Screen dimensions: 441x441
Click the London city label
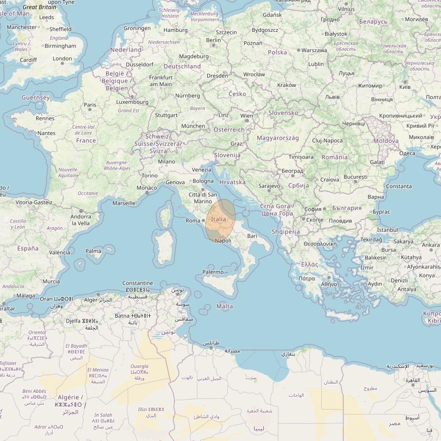62,58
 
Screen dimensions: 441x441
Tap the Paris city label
90,105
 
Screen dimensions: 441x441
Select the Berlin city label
214,40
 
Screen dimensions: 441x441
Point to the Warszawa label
314,50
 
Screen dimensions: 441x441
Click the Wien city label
247,116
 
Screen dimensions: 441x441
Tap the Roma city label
193,220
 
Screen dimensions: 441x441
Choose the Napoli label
223,241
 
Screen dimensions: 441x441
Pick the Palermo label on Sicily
213,272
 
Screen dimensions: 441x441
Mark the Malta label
225,306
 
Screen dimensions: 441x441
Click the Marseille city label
124,203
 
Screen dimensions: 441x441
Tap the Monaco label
147,188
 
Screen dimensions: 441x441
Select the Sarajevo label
269,186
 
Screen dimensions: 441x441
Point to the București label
356,177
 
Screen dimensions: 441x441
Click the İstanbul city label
387,230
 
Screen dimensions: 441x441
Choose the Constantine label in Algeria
138,283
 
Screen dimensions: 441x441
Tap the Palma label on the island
93,251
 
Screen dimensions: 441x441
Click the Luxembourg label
132,102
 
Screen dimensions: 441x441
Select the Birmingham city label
60,46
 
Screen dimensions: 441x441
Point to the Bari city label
252,236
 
